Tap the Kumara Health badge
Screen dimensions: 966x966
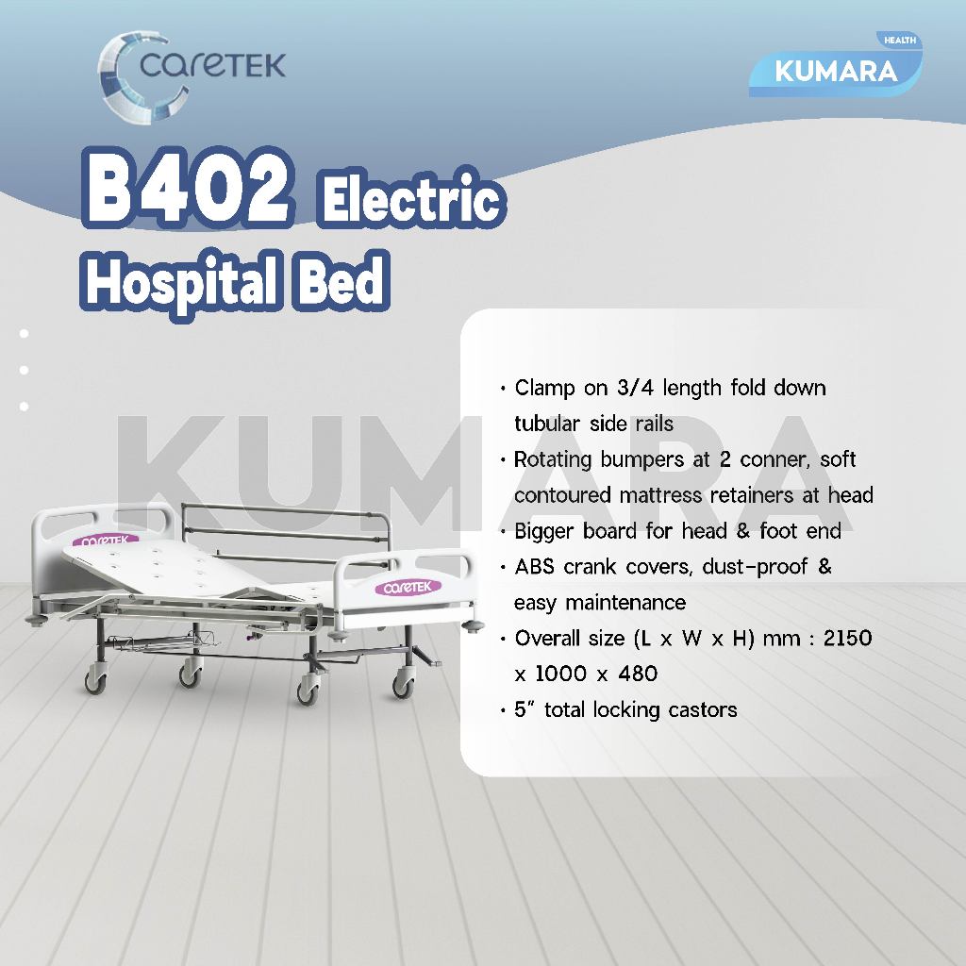click(x=836, y=65)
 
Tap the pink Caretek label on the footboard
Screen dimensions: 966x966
click(x=408, y=587)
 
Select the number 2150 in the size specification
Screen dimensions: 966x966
click(x=848, y=638)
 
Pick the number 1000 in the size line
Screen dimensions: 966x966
click(x=560, y=674)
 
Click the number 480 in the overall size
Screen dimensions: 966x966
click(x=638, y=674)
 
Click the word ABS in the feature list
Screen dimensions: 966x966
click(x=534, y=566)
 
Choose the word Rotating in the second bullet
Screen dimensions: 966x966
click(x=553, y=460)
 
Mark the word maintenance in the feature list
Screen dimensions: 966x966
click(x=625, y=602)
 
